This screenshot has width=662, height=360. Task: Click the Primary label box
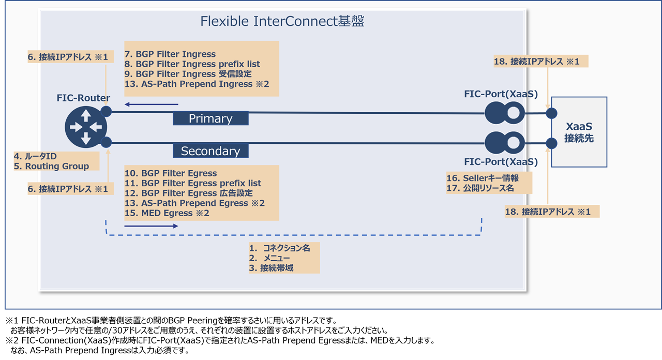[210, 118]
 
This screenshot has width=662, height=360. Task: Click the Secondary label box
[210, 151]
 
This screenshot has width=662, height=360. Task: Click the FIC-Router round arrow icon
[86, 127]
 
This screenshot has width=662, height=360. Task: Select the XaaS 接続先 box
[579, 132]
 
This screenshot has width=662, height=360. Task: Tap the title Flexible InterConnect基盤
[282, 21]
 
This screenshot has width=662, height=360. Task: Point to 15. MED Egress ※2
[167, 213]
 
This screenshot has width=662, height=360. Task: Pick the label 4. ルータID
[35, 156]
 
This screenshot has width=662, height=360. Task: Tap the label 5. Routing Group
[51, 166]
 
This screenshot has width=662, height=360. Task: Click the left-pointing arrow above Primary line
[153, 103]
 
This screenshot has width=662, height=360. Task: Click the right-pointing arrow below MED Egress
[151, 226]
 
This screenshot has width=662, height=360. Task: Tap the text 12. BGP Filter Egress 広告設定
[188, 193]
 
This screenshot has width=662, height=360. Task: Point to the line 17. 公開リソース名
[480, 188]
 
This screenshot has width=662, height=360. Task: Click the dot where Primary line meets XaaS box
[552, 113]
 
